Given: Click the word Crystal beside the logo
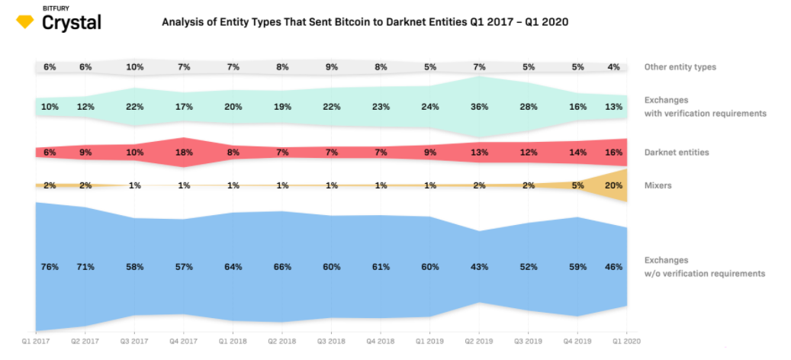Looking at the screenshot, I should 72,23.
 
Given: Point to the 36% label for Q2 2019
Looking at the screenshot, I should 479,107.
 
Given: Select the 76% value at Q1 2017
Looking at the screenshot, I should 50,266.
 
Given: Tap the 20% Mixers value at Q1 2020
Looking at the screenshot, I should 614,185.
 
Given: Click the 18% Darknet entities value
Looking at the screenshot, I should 184,153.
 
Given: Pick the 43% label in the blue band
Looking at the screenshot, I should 479,266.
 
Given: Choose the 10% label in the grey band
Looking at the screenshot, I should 135,67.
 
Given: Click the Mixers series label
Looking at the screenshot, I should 658,185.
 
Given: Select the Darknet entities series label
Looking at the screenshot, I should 677,153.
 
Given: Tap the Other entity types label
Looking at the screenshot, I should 680,67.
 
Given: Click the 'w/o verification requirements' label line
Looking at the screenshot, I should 705,273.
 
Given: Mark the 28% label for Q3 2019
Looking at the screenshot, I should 529,107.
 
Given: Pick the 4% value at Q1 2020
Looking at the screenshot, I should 615,67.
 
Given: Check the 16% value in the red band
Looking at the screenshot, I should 614,153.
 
